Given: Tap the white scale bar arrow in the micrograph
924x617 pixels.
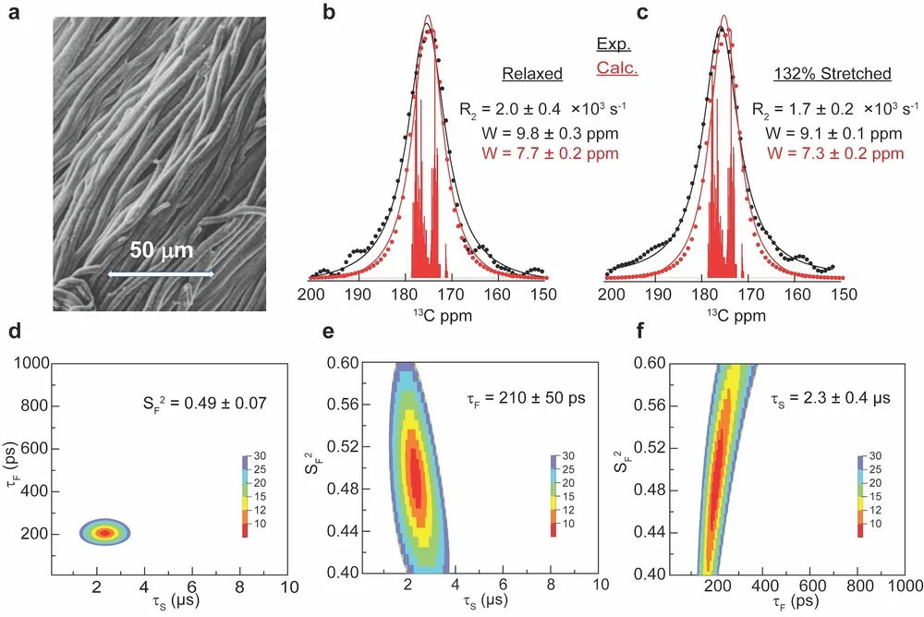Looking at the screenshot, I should [162, 274].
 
